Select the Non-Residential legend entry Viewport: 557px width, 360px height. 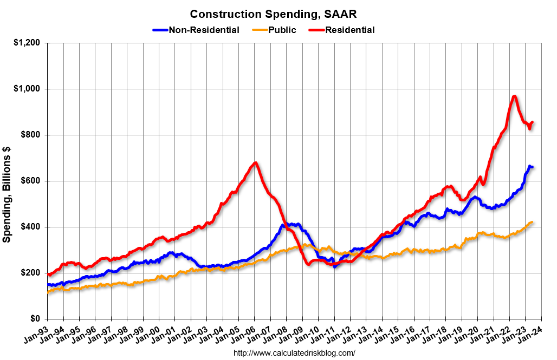tap(203, 30)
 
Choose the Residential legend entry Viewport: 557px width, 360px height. tap(349, 30)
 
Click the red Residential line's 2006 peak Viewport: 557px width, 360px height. tap(255, 162)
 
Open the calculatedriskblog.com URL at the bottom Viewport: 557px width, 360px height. tap(294, 353)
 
